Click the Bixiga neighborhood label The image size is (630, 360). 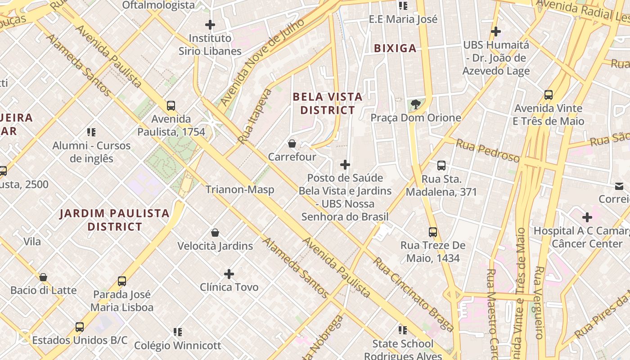pos(395,48)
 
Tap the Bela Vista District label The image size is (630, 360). pos(328,103)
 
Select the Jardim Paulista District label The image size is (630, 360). pos(115,220)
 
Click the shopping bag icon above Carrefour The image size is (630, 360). pos(292,144)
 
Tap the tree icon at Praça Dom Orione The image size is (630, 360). pos(416,104)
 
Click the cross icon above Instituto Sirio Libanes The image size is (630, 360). pos(210,24)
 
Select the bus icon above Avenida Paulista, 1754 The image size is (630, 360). pos(171,106)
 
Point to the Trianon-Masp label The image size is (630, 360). pos(240,189)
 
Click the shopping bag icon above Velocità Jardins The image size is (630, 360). pos(215,233)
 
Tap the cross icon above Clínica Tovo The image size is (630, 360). pos(229,274)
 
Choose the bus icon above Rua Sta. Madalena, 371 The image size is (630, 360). pos(441,166)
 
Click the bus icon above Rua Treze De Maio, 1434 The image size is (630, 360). pos(433,232)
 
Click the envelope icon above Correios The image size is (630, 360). pos(619,186)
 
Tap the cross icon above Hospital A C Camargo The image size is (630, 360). pos(587,217)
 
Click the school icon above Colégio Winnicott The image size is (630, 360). pos(178,332)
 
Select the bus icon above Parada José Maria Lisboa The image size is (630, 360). pos(122,281)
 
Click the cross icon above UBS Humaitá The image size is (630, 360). pos(496,31)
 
